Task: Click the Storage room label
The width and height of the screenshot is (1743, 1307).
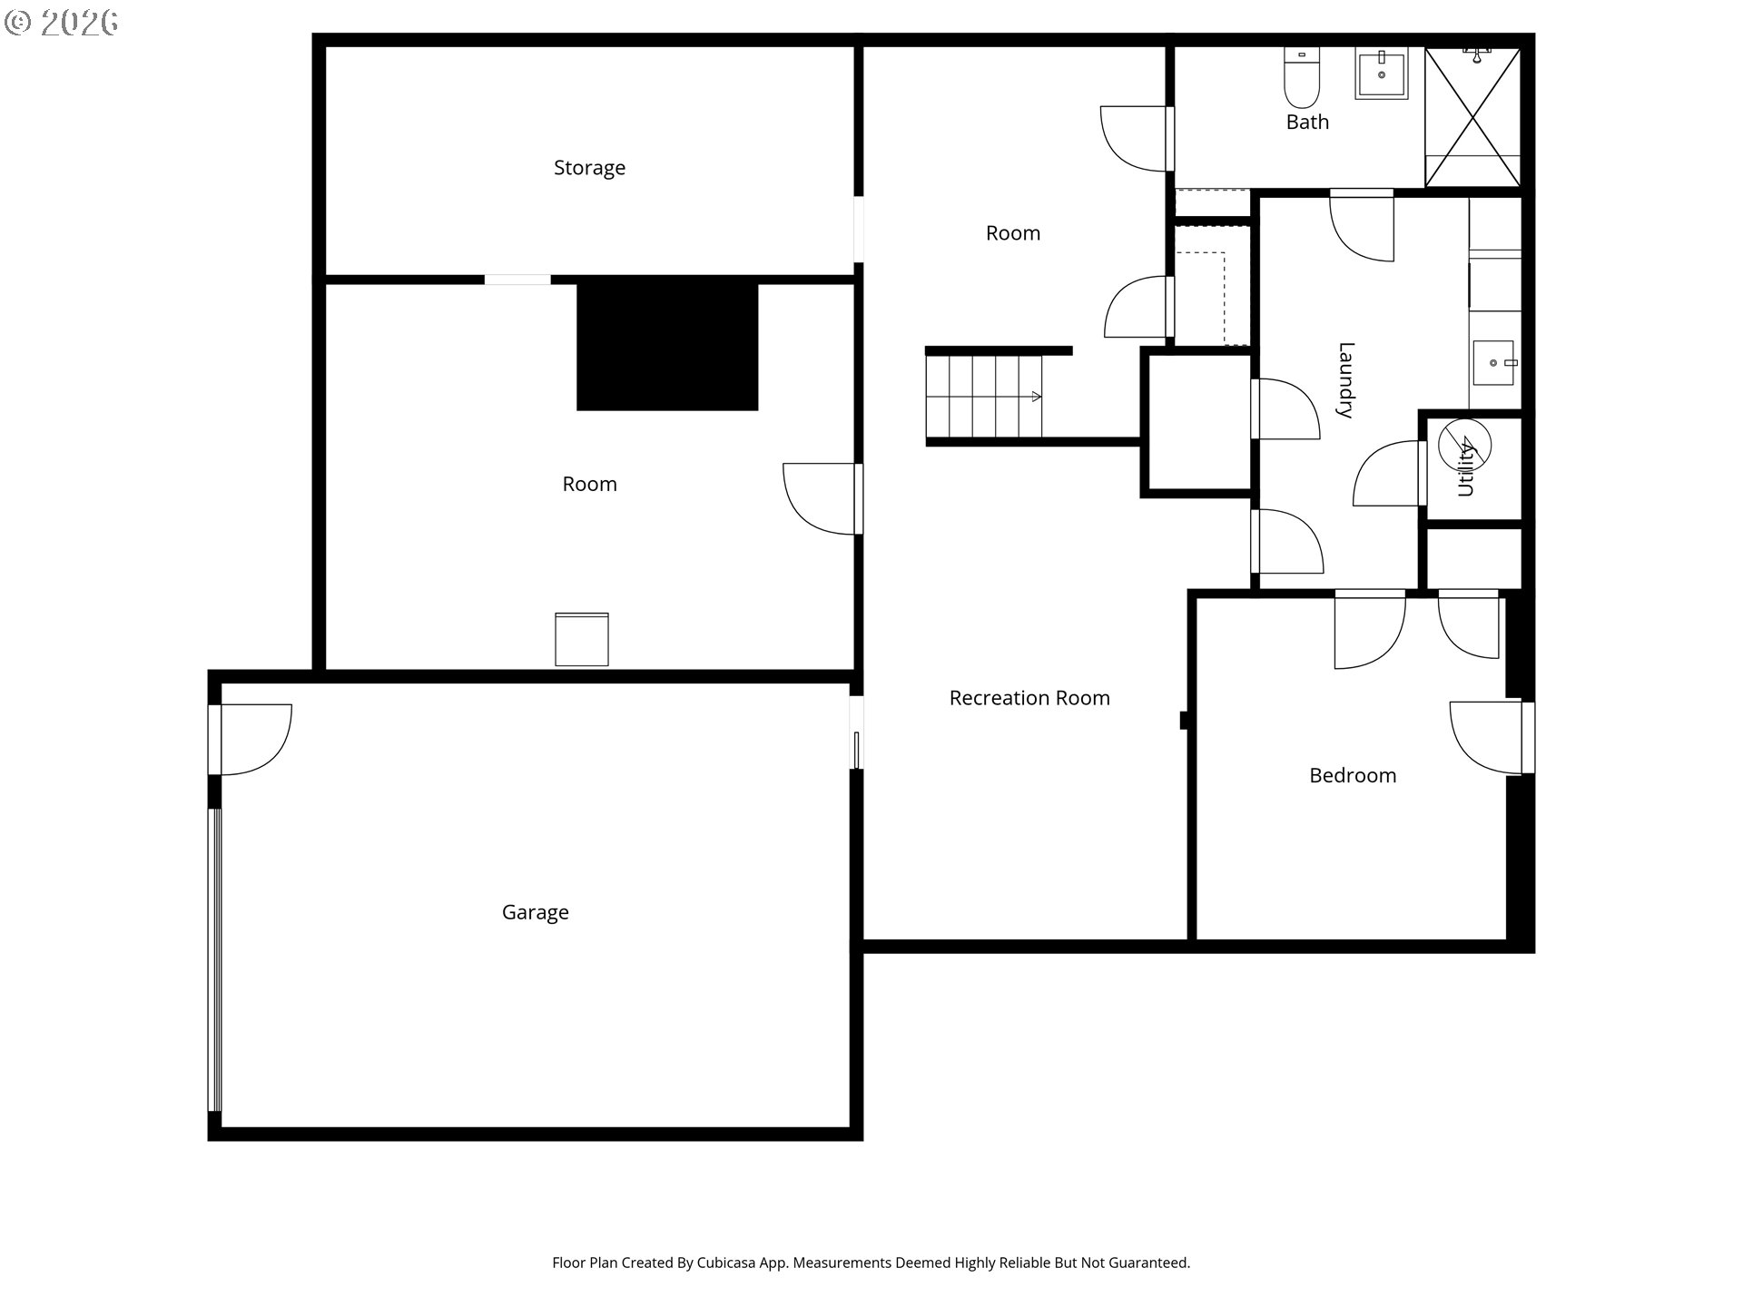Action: point(589,168)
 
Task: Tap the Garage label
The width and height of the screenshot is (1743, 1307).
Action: point(535,912)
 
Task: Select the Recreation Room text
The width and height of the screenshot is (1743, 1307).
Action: point(1029,698)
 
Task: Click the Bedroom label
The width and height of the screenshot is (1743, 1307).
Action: point(1352,775)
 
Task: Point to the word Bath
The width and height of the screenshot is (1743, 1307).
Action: point(1307,122)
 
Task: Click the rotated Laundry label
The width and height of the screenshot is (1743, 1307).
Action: point(1345,379)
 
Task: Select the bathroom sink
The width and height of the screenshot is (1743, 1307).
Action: point(1381,74)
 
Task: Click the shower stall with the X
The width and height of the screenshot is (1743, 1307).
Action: point(1472,117)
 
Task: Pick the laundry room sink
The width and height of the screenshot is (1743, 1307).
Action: point(1493,363)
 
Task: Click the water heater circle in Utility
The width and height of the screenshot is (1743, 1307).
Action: point(1464,446)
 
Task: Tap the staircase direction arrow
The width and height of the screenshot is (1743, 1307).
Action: point(1036,397)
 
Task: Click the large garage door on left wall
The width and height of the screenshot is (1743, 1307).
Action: point(215,959)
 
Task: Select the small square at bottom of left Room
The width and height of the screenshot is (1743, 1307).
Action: point(582,640)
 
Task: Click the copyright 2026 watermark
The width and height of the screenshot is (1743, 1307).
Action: point(62,22)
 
